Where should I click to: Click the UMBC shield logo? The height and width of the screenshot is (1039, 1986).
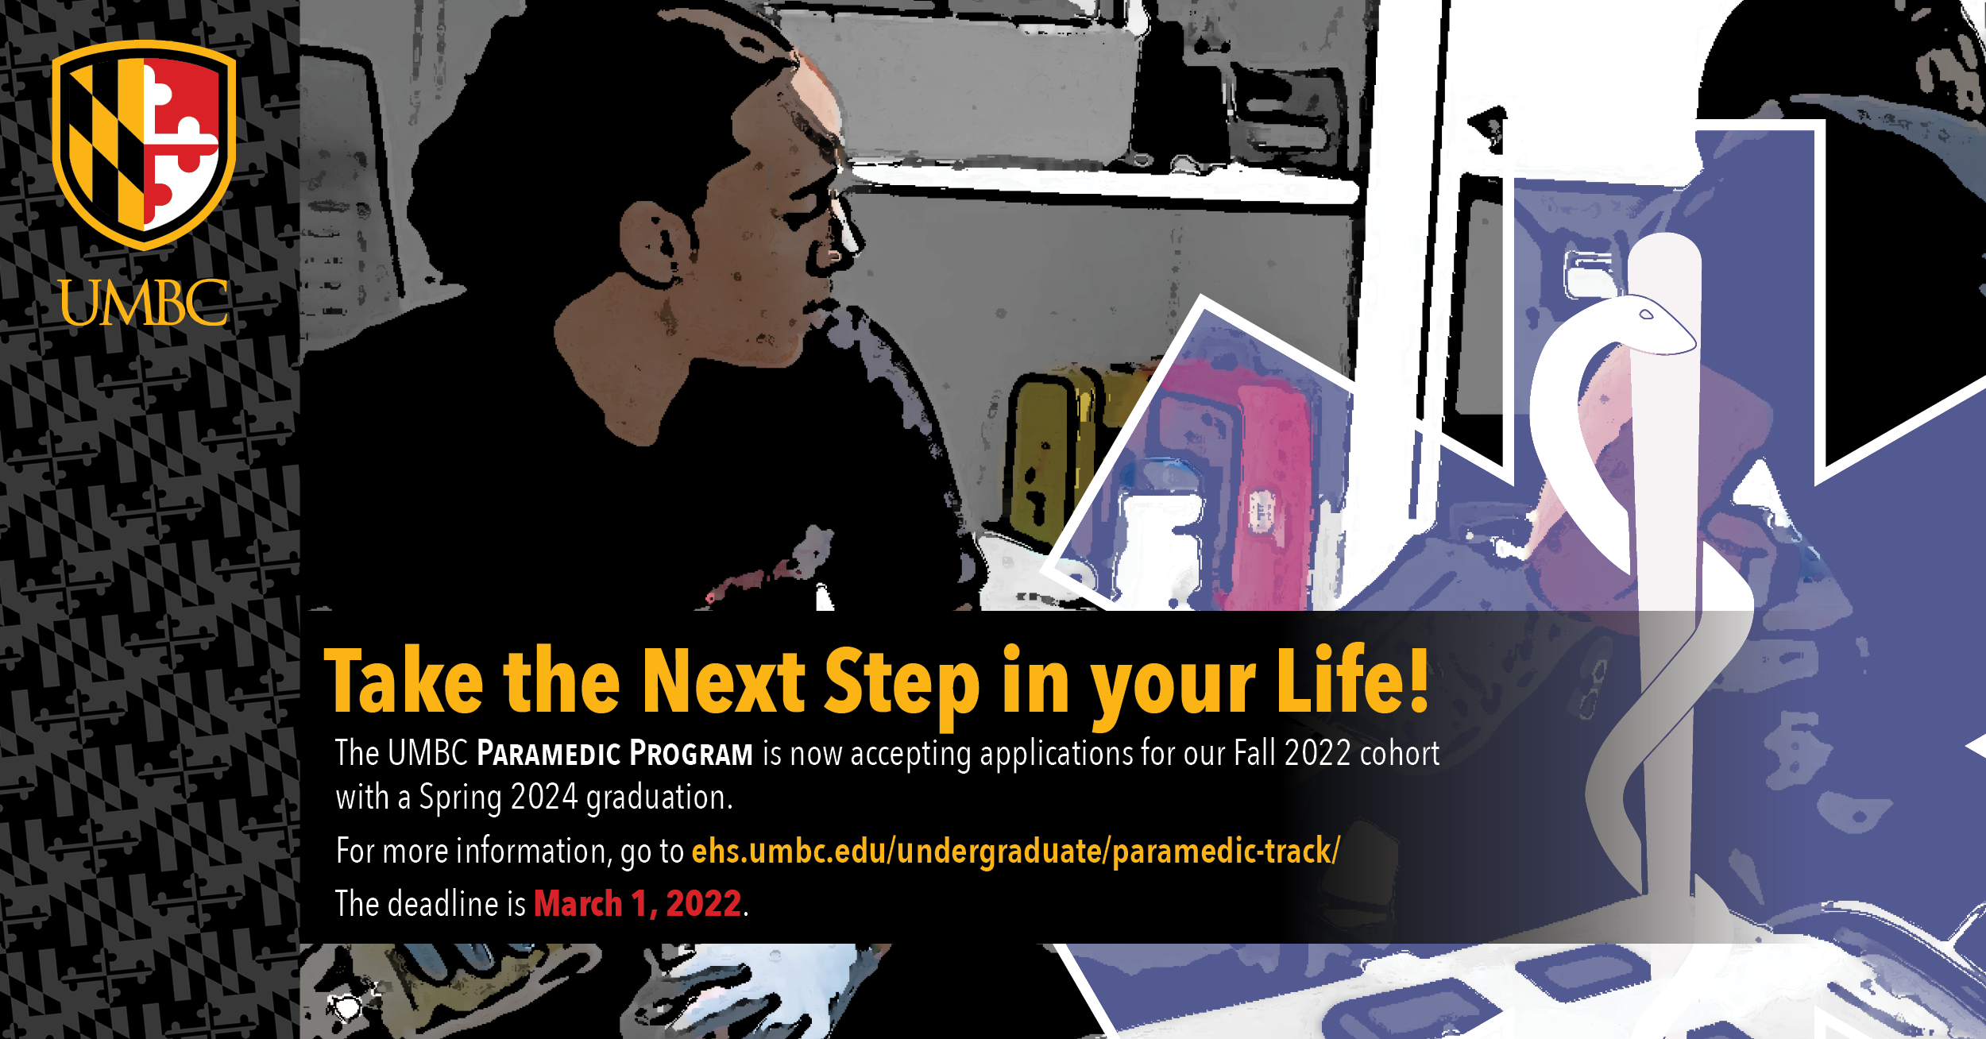[144, 145]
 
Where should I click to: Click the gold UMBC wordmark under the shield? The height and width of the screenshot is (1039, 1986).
[144, 303]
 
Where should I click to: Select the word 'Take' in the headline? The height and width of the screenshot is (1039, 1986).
[404, 682]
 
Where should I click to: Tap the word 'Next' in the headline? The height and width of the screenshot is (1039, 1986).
[724, 681]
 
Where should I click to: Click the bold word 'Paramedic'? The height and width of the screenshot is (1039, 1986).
[549, 753]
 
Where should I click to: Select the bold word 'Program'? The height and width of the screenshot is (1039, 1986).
[691, 753]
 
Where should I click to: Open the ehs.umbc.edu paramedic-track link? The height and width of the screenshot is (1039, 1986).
[1016, 852]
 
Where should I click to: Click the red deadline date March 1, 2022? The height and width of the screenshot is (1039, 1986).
[638, 904]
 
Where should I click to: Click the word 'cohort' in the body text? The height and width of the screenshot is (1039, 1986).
[1400, 753]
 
